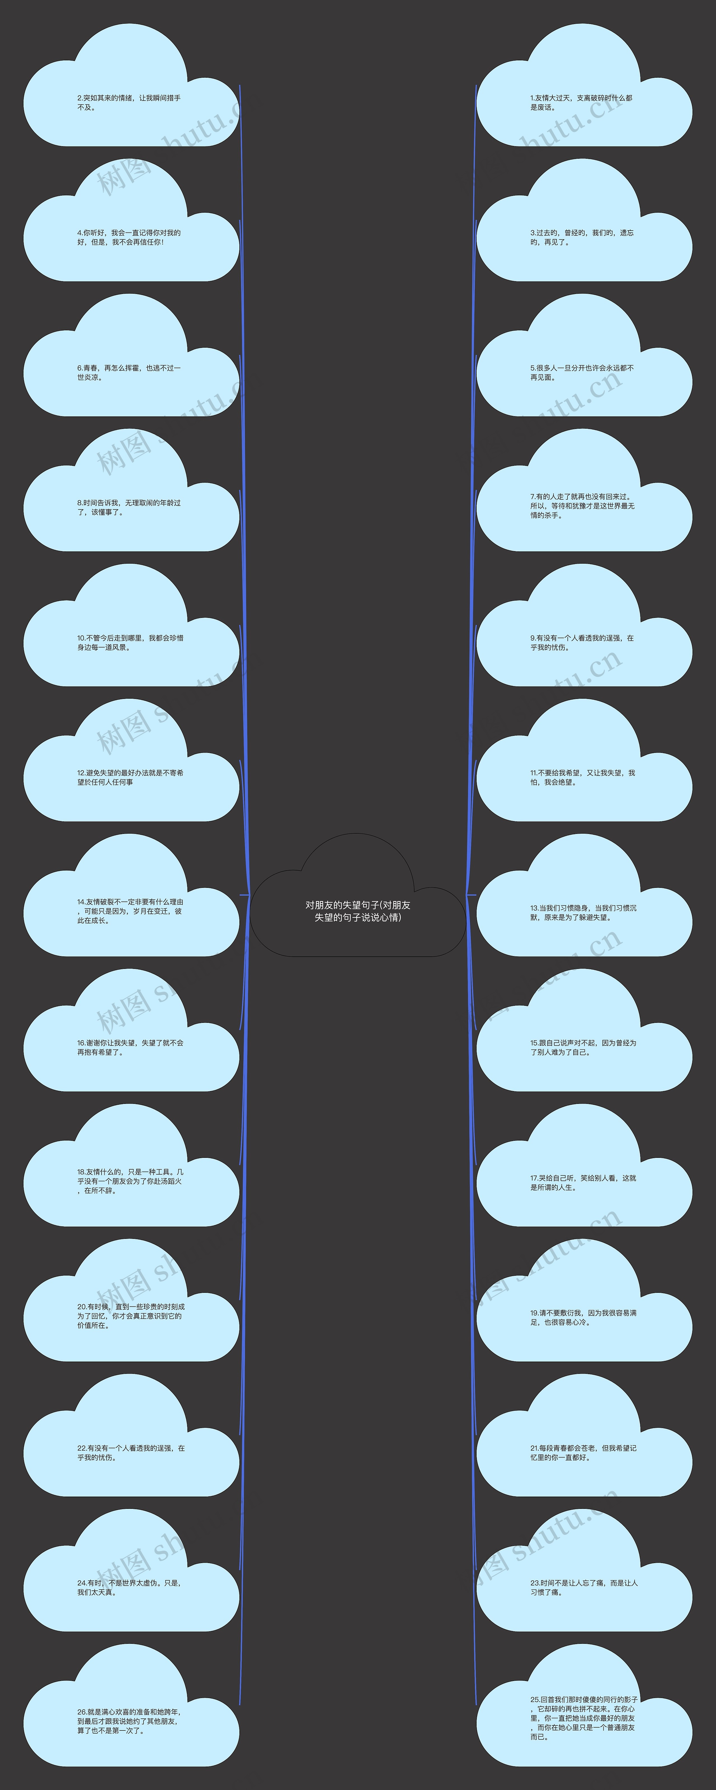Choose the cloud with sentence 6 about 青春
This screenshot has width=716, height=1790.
[131, 355]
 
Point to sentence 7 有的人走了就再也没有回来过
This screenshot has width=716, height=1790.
[583, 506]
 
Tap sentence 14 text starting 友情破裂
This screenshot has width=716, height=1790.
[130, 911]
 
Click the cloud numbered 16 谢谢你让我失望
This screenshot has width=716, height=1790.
[131, 1030]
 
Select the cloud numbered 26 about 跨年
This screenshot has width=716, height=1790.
[131, 1705]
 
